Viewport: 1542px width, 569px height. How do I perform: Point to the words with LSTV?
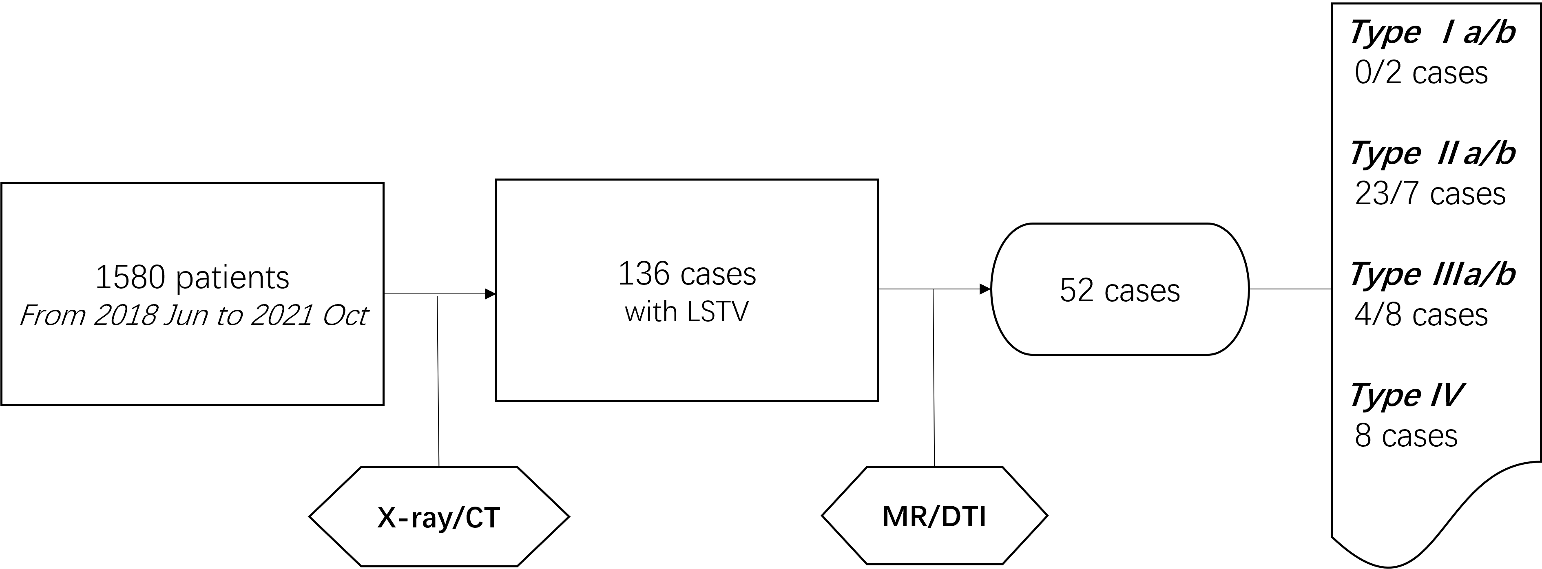point(687,312)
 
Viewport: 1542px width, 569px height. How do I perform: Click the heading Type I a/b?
point(1432,33)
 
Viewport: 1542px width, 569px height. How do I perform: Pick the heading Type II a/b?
point(1432,154)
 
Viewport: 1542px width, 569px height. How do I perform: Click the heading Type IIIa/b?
point(1432,275)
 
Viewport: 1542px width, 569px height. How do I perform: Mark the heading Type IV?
point(1406,395)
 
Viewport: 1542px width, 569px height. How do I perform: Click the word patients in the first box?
point(233,278)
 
